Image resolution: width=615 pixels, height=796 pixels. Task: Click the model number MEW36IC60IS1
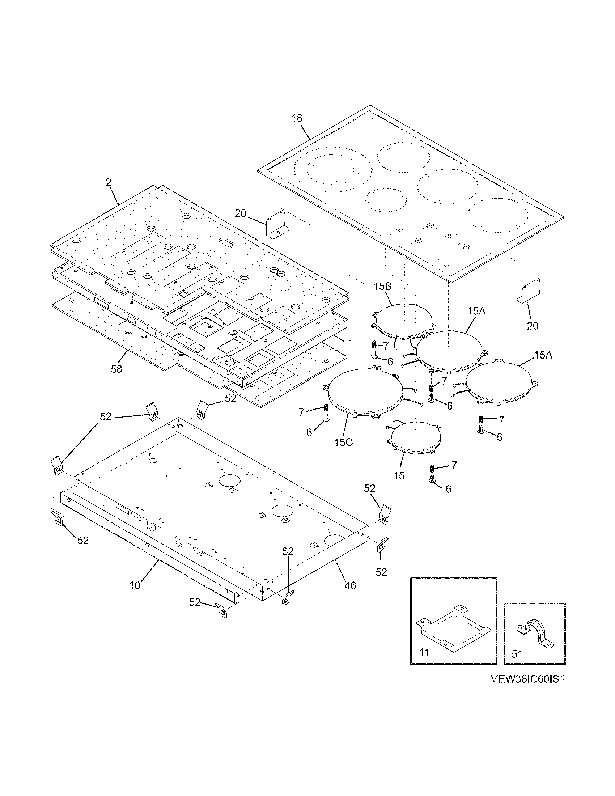526,680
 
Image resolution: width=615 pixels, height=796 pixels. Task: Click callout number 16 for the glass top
297,118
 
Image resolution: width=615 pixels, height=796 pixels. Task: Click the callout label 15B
382,287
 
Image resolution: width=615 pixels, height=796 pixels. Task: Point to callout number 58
116,369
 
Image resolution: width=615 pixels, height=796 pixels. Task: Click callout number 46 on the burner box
350,585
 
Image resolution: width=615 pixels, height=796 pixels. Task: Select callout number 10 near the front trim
135,585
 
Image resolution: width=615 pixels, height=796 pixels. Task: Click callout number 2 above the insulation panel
109,183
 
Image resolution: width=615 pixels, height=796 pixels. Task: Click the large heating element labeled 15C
365,392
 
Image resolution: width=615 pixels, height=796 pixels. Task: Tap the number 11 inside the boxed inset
424,652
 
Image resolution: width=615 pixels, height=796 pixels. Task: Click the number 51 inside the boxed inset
517,654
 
